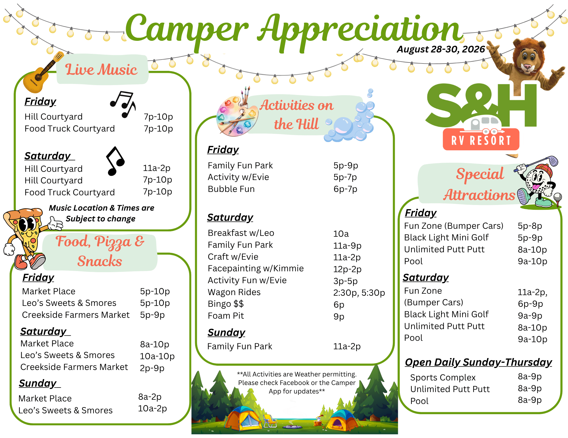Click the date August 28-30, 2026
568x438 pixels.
pos(441,49)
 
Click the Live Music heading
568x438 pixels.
pos(101,69)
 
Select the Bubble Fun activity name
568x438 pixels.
pos(231,189)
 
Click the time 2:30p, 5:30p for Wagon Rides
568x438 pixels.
pos(359,293)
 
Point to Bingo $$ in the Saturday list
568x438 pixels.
pos(226,304)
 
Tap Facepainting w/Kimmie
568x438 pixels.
pos(256,268)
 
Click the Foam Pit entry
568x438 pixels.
pos(226,316)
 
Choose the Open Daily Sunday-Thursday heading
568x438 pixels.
pos(478,362)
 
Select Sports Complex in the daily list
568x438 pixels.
pos(443,378)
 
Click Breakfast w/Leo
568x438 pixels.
pos(241,233)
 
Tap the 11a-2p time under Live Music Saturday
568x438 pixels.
pos(156,168)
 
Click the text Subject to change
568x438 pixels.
pos(101,219)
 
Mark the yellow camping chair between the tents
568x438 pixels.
pos(270,421)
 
